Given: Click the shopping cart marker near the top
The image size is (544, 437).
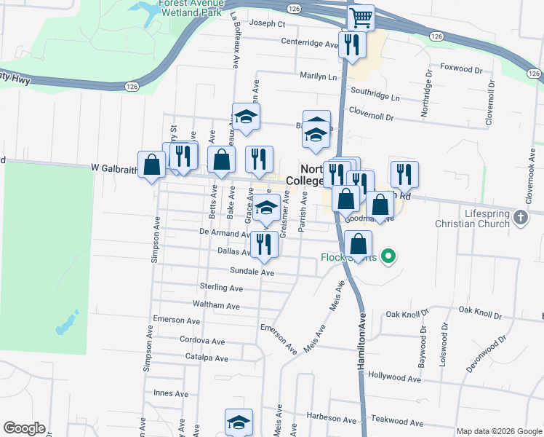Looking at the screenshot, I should [360, 17].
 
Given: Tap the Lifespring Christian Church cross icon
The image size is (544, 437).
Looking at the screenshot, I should [520, 217].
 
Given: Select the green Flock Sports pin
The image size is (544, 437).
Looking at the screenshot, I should [388, 256].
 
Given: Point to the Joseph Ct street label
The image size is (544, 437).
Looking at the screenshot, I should [267, 23].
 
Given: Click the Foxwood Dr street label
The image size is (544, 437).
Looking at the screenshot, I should [462, 71].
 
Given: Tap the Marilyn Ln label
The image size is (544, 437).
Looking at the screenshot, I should [319, 76].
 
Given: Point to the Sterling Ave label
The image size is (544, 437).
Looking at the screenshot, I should [221, 288].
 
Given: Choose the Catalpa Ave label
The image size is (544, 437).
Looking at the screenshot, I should [207, 358].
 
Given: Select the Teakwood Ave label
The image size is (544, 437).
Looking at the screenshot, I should [397, 422].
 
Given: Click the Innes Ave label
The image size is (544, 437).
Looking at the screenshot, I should [171, 393].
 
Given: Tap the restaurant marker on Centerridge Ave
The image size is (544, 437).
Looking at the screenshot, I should [352, 44].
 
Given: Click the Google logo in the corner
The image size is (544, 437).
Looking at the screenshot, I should [24, 428].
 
